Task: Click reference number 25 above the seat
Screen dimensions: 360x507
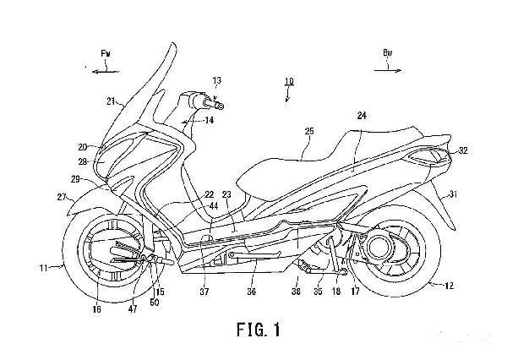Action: click(x=308, y=131)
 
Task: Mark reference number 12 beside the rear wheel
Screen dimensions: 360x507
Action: click(x=447, y=286)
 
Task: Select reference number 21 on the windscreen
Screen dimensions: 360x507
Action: click(x=111, y=101)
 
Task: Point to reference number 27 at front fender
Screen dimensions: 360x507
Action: click(x=61, y=197)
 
